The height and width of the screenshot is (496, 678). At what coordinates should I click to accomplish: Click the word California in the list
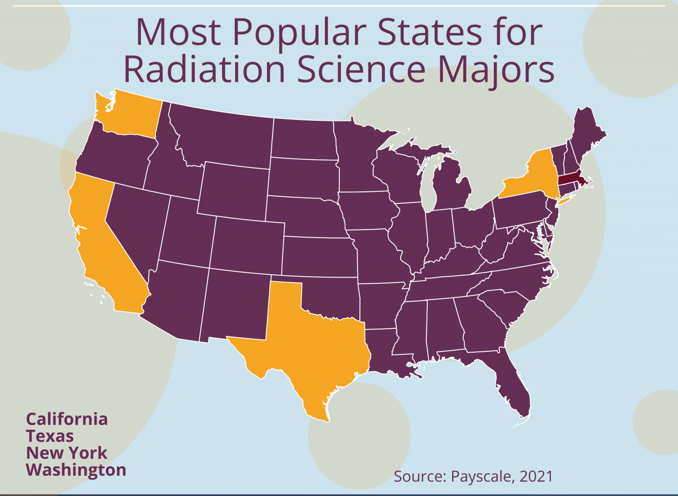pyautogui.click(x=67, y=419)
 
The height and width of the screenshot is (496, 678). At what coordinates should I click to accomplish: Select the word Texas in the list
pyautogui.click(x=50, y=436)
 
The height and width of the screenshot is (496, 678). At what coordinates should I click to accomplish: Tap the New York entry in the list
pyautogui.click(x=67, y=453)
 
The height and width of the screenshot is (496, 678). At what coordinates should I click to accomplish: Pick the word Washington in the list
pyautogui.click(x=76, y=470)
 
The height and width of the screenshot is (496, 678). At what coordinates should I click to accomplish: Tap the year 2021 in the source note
pyautogui.click(x=536, y=477)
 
